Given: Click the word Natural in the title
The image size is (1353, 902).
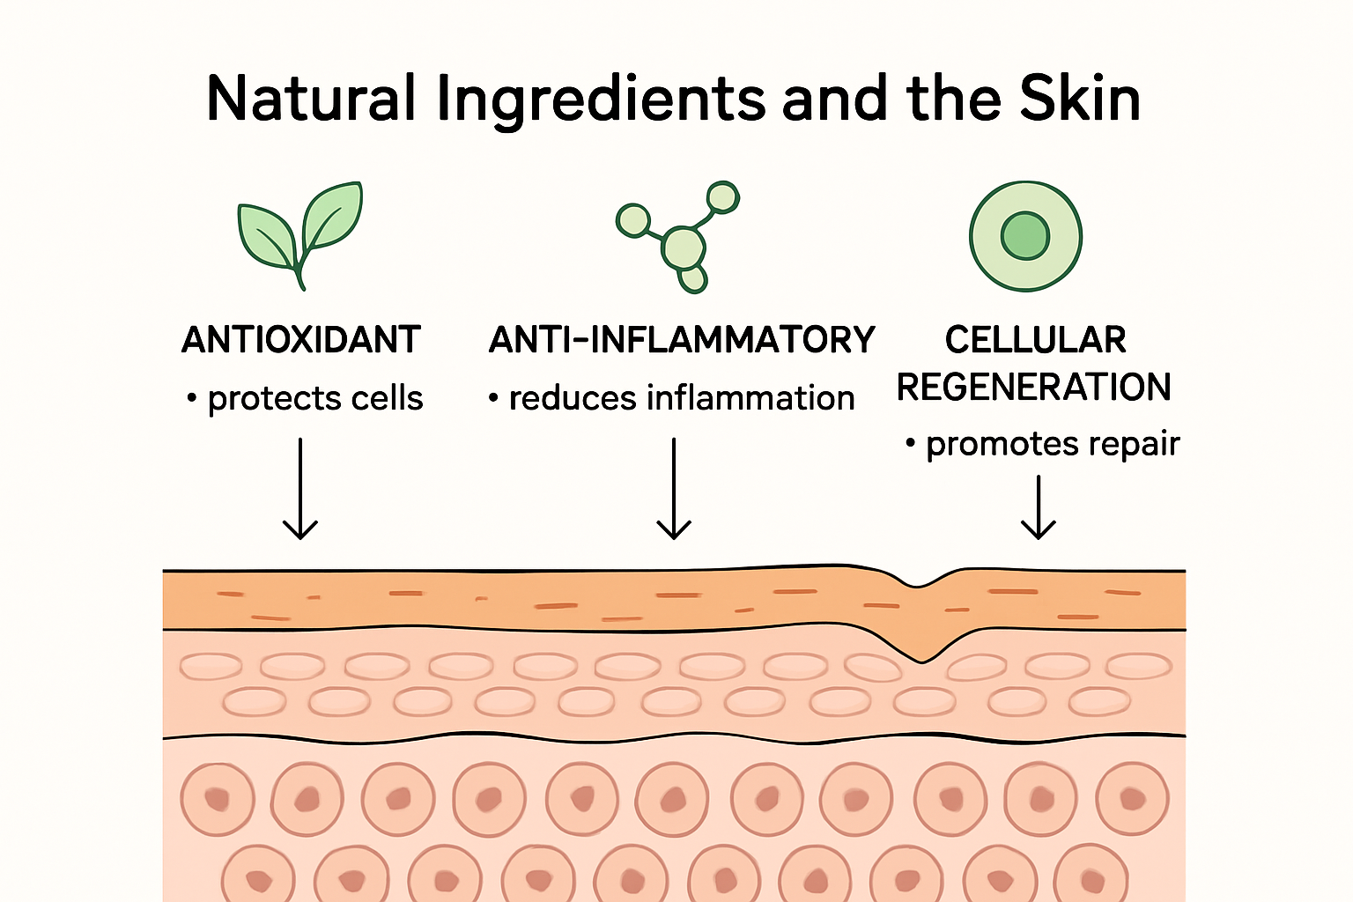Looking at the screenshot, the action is click(x=311, y=99).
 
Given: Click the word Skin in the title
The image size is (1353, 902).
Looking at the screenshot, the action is click(x=1080, y=99).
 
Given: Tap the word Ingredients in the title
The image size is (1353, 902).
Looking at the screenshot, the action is click(x=602, y=101).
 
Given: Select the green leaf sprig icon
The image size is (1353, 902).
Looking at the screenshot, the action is click(x=300, y=235).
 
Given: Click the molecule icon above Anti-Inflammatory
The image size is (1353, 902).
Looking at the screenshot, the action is click(x=677, y=237).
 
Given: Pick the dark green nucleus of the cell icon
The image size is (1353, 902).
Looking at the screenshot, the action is click(x=1025, y=236).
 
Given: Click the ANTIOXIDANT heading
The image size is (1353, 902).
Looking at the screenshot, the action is click(x=300, y=339).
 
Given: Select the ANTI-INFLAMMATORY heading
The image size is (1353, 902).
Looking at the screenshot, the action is click(x=682, y=339).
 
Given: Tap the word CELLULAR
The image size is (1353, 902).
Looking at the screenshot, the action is click(x=1035, y=339).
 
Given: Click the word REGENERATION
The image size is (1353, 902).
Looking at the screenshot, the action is click(x=1033, y=387).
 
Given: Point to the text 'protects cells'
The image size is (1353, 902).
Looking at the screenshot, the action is click(x=315, y=399).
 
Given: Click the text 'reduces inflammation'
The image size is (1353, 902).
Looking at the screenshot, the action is click(x=681, y=398).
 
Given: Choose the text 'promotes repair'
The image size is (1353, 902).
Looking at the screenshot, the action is click(x=1053, y=445).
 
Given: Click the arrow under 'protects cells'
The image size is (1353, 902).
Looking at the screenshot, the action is click(x=300, y=488).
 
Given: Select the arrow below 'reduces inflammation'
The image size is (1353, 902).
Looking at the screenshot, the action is click(x=674, y=488).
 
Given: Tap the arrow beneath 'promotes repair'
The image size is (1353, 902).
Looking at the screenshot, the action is click(x=1039, y=507).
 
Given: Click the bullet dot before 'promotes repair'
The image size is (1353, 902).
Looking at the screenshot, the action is click(x=910, y=444).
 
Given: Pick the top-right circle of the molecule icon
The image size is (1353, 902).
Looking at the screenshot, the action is click(x=723, y=197).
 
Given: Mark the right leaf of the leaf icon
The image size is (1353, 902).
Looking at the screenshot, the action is click(x=332, y=215).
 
